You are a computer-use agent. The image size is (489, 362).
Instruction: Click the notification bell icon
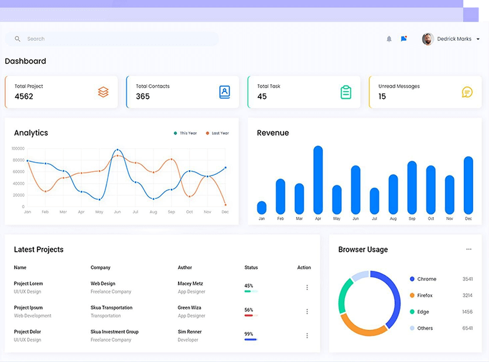tap(389, 39)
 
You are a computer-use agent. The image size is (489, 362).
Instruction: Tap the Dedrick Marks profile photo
tap(428, 39)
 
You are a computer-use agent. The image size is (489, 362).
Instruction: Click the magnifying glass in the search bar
tap(18, 39)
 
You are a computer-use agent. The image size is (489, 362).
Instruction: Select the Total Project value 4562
tap(24, 96)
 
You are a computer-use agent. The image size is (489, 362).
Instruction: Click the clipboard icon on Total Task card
tap(346, 92)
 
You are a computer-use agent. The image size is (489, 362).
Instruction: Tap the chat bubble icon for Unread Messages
tap(467, 92)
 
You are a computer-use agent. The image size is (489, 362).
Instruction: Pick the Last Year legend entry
tap(217, 133)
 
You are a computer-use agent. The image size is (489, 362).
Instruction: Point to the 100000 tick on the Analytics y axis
tap(18, 149)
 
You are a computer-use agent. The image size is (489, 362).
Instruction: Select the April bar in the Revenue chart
tap(318, 180)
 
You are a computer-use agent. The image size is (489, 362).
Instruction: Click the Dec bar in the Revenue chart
tap(469, 185)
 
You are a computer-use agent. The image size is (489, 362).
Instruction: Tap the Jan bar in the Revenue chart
tap(262, 208)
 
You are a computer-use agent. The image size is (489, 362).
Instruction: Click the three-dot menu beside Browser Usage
tap(469, 250)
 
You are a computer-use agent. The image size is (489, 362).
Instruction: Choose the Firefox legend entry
tap(425, 295)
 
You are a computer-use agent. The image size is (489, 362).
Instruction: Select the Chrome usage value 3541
tap(467, 279)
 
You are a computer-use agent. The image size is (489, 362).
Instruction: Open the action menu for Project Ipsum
tap(307, 312)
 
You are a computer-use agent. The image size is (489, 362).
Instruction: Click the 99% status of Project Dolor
tap(249, 334)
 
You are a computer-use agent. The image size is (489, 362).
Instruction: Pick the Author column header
tap(185, 267)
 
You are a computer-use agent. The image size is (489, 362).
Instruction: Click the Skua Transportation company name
tap(111, 308)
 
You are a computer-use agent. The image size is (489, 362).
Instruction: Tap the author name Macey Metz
tap(190, 284)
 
